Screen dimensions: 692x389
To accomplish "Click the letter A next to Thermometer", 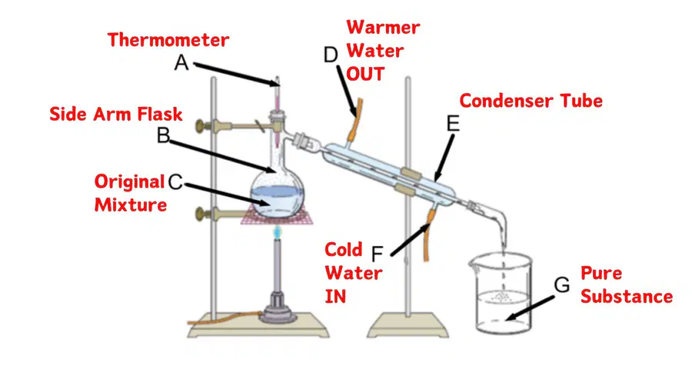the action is [181, 62].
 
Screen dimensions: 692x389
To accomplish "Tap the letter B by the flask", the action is [163, 135].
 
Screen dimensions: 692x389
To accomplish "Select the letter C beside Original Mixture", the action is [175, 181].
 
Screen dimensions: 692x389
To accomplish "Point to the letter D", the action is [331, 55].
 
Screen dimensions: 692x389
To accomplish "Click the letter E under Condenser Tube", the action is [453, 124].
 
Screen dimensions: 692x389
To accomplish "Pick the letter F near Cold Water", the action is [377, 254].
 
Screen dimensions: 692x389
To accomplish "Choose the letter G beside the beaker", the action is [562, 285].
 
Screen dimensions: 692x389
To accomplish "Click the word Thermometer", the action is [168, 40].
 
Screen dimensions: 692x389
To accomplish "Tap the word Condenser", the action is [507, 101].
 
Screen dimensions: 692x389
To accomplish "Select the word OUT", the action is [365, 74].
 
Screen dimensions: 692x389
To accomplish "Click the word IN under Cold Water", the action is [335, 297].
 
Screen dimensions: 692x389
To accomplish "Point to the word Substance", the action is [627, 297].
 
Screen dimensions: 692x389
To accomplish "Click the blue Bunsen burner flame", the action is [277, 232].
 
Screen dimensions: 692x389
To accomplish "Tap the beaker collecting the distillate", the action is [501, 293].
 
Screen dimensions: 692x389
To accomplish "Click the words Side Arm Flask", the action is [115, 115].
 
